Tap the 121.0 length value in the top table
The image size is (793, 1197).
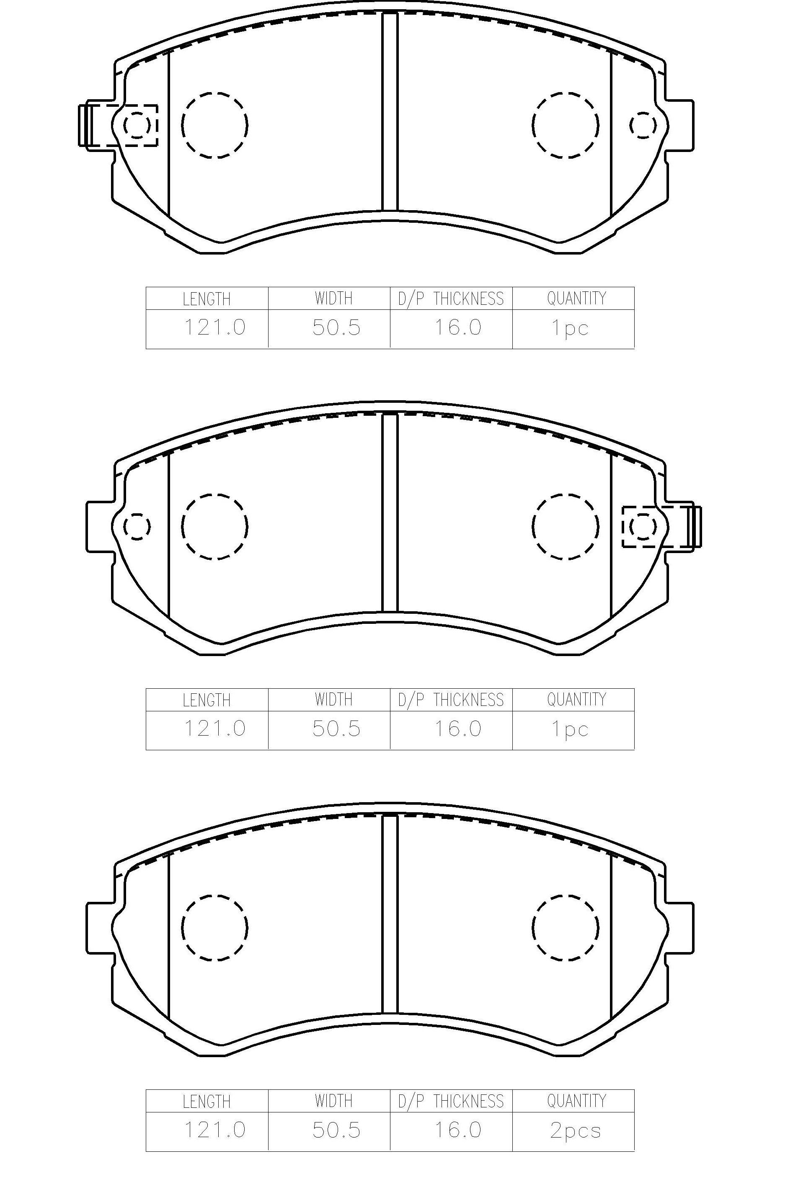[x=214, y=327]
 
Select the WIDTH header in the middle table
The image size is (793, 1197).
[x=333, y=700]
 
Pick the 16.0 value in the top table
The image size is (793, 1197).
[x=458, y=327]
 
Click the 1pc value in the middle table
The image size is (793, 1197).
[x=570, y=729]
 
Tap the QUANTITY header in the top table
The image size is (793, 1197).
[x=576, y=298]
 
